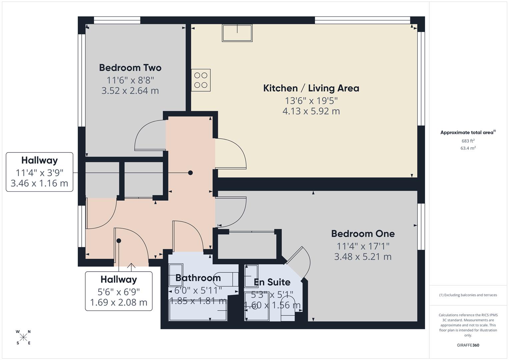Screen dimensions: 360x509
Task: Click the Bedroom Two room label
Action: [x=130, y=68]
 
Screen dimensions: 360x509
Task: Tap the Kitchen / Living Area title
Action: [x=311, y=88]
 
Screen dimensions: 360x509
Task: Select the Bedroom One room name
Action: [x=363, y=234]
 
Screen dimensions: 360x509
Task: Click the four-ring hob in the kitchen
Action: [x=201, y=80]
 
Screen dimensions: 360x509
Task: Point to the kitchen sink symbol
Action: [x=237, y=33]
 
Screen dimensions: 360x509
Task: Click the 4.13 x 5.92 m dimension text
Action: [x=311, y=111]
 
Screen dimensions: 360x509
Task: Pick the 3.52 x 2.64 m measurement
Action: [x=130, y=91]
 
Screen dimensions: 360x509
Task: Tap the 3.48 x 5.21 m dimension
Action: [x=363, y=257]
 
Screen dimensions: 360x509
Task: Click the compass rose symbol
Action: [x=23, y=337]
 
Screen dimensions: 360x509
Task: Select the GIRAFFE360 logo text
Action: [x=468, y=345]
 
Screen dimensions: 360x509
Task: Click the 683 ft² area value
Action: [x=468, y=141]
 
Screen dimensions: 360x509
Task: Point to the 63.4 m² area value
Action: [x=468, y=148]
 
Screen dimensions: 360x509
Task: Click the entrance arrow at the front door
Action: [x=131, y=267]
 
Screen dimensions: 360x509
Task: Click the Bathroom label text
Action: [x=198, y=278]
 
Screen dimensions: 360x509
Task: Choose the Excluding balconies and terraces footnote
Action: [x=468, y=295]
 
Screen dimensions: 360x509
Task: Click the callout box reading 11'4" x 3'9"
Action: [x=39, y=172]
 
